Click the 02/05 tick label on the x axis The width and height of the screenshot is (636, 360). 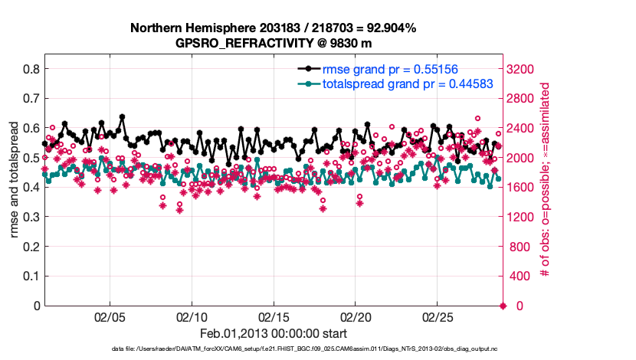pos(110,316)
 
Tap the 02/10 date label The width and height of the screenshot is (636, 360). pos(192,316)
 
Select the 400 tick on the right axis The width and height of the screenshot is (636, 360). pos(521,277)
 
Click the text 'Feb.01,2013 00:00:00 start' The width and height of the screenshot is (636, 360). pos(274,333)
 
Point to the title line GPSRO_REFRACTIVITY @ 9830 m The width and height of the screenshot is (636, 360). pos(274,43)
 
